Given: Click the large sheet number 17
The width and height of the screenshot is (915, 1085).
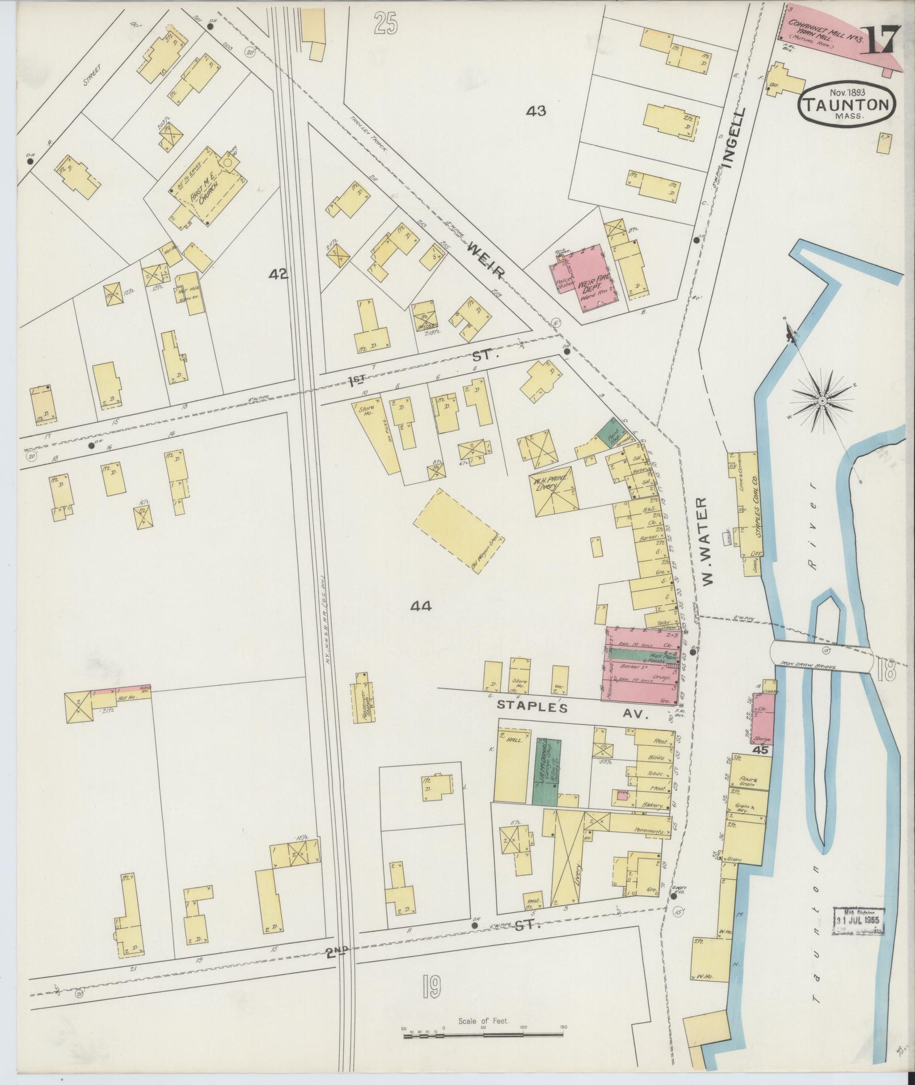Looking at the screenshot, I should pos(879,40).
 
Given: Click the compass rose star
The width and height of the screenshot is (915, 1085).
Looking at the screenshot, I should pos(821,400).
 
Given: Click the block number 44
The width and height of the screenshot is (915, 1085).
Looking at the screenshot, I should pos(421,606).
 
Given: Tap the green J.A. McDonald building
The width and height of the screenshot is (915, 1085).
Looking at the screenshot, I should pos(545,770).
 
